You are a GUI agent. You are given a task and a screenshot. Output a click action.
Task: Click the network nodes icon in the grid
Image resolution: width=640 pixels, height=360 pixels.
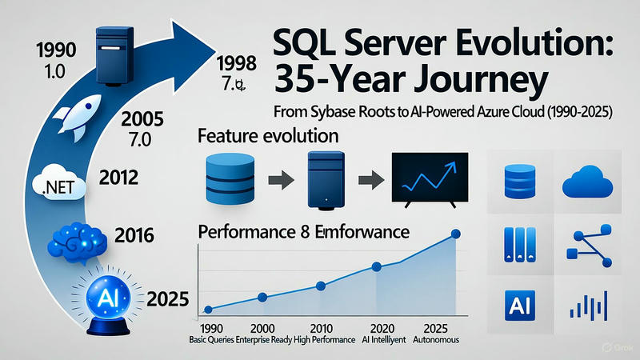pos(591,244)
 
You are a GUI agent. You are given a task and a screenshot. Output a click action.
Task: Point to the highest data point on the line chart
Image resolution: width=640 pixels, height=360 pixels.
pos(456,234)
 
